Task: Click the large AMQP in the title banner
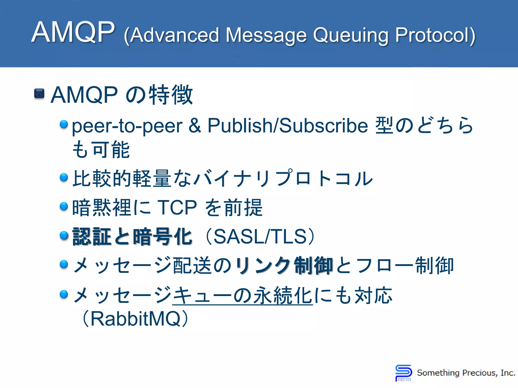(x=73, y=32)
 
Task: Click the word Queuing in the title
(x=351, y=35)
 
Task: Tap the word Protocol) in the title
(x=435, y=35)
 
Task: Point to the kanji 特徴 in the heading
(x=171, y=95)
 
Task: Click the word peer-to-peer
(x=127, y=126)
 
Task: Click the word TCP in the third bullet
(x=177, y=208)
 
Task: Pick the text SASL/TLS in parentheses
(x=260, y=237)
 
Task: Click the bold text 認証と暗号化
(x=132, y=237)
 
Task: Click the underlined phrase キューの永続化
(x=242, y=296)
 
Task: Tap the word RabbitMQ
(x=135, y=319)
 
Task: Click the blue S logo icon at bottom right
(x=403, y=373)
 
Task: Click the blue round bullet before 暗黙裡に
(x=64, y=206)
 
